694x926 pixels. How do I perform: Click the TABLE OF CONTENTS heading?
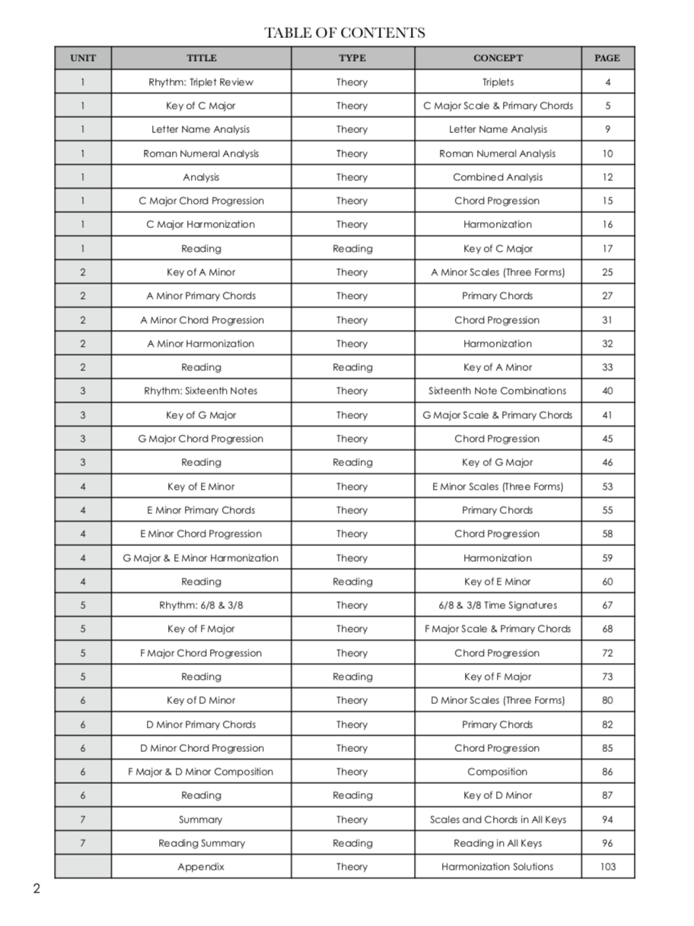tap(345, 33)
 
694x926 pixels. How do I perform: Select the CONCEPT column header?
tap(498, 58)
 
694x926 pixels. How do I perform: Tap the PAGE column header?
tap(607, 58)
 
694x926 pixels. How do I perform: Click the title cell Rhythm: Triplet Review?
tap(201, 82)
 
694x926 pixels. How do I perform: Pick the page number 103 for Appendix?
tap(607, 867)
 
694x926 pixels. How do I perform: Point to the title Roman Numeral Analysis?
tap(201, 154)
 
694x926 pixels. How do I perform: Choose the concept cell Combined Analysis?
tap(498, 177)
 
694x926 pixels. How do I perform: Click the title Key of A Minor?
tap(201, 272)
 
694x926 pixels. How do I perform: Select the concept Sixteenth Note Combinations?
tap(498, 391)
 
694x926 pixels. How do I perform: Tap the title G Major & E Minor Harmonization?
tap(201, 558)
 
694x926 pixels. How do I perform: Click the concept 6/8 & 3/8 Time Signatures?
tap(498, 605)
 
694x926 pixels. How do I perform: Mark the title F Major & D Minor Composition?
tap(201, 772)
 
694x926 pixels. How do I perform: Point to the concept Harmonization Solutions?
tap(498, 867)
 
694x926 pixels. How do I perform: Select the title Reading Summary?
tap(201, 843)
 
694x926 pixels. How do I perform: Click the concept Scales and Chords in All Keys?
tap(498, 820)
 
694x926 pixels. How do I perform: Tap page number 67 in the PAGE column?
tap(607, 605)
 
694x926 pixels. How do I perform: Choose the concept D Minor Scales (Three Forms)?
tap(498, 700)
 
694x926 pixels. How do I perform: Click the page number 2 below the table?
tap(36, 890)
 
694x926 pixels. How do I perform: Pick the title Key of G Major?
tap(201, 415)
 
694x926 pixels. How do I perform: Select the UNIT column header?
tap(83, 58)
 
